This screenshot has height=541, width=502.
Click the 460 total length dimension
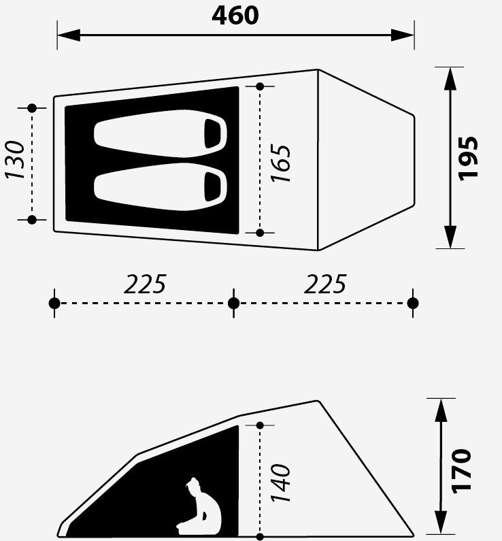click(x=235, y=15)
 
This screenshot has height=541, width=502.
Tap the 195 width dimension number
click(x=469, y=158)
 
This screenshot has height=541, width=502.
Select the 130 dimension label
click(x=15, y=160)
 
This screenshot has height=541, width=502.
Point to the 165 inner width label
click(x=281, y=163)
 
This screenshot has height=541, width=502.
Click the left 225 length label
click(x=145, y=284)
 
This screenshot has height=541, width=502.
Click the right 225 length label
click(x=325, y=284)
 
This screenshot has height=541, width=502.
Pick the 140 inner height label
click(x=281, y=483)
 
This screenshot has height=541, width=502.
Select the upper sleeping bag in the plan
click(x=161, y=133)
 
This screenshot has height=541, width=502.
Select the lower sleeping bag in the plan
click(x=161, y=184)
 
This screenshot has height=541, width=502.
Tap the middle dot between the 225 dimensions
click(x=234, y=303)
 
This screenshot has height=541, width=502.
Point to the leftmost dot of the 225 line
click(x=55, y=303)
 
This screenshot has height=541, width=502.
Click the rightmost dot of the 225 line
click(x=413, y=303)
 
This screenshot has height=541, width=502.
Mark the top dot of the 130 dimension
click(x=32, y=108)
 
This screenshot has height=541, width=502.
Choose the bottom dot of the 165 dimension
click(x=260, y=233)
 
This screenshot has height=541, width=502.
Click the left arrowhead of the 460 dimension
click(x=65, y=34)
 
